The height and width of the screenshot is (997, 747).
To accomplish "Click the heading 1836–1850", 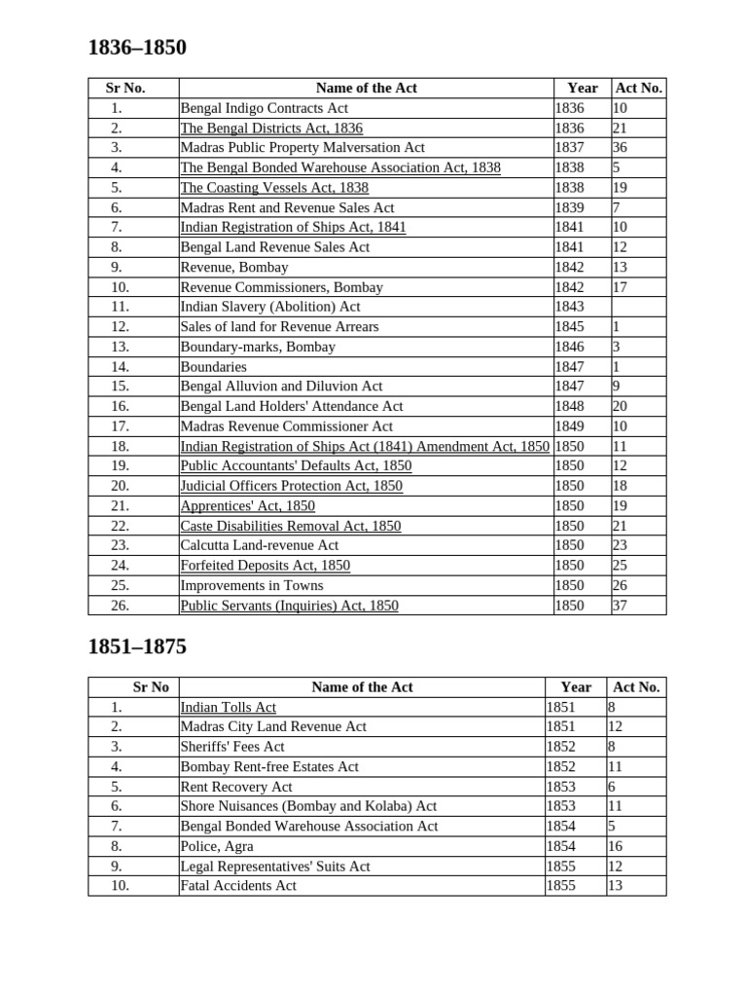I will (137, 48).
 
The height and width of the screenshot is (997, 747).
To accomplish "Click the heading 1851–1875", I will (137, 647).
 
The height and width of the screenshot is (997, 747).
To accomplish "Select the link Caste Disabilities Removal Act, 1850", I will (290, 526).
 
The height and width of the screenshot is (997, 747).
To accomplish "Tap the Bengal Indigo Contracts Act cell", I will (264, 108).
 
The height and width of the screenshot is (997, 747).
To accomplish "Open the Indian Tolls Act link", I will (228, 707).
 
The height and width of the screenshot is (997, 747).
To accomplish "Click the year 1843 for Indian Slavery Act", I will (569, 307).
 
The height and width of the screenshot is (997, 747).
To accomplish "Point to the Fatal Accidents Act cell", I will (238, 886).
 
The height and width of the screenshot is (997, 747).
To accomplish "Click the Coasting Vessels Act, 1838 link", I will (274, 188).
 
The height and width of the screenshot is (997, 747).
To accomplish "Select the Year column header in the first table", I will (583, 88).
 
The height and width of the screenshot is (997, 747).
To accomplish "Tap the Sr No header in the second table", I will (151, 687).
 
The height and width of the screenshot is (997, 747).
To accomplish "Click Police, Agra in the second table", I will (216, 846).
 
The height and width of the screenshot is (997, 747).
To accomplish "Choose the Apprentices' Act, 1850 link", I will (247, 506).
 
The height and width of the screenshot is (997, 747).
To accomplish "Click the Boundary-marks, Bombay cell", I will (258, 347).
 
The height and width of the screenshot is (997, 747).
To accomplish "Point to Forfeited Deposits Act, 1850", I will (265, 566).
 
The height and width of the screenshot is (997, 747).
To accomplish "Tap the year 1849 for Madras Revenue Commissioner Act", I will (569, 426).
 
